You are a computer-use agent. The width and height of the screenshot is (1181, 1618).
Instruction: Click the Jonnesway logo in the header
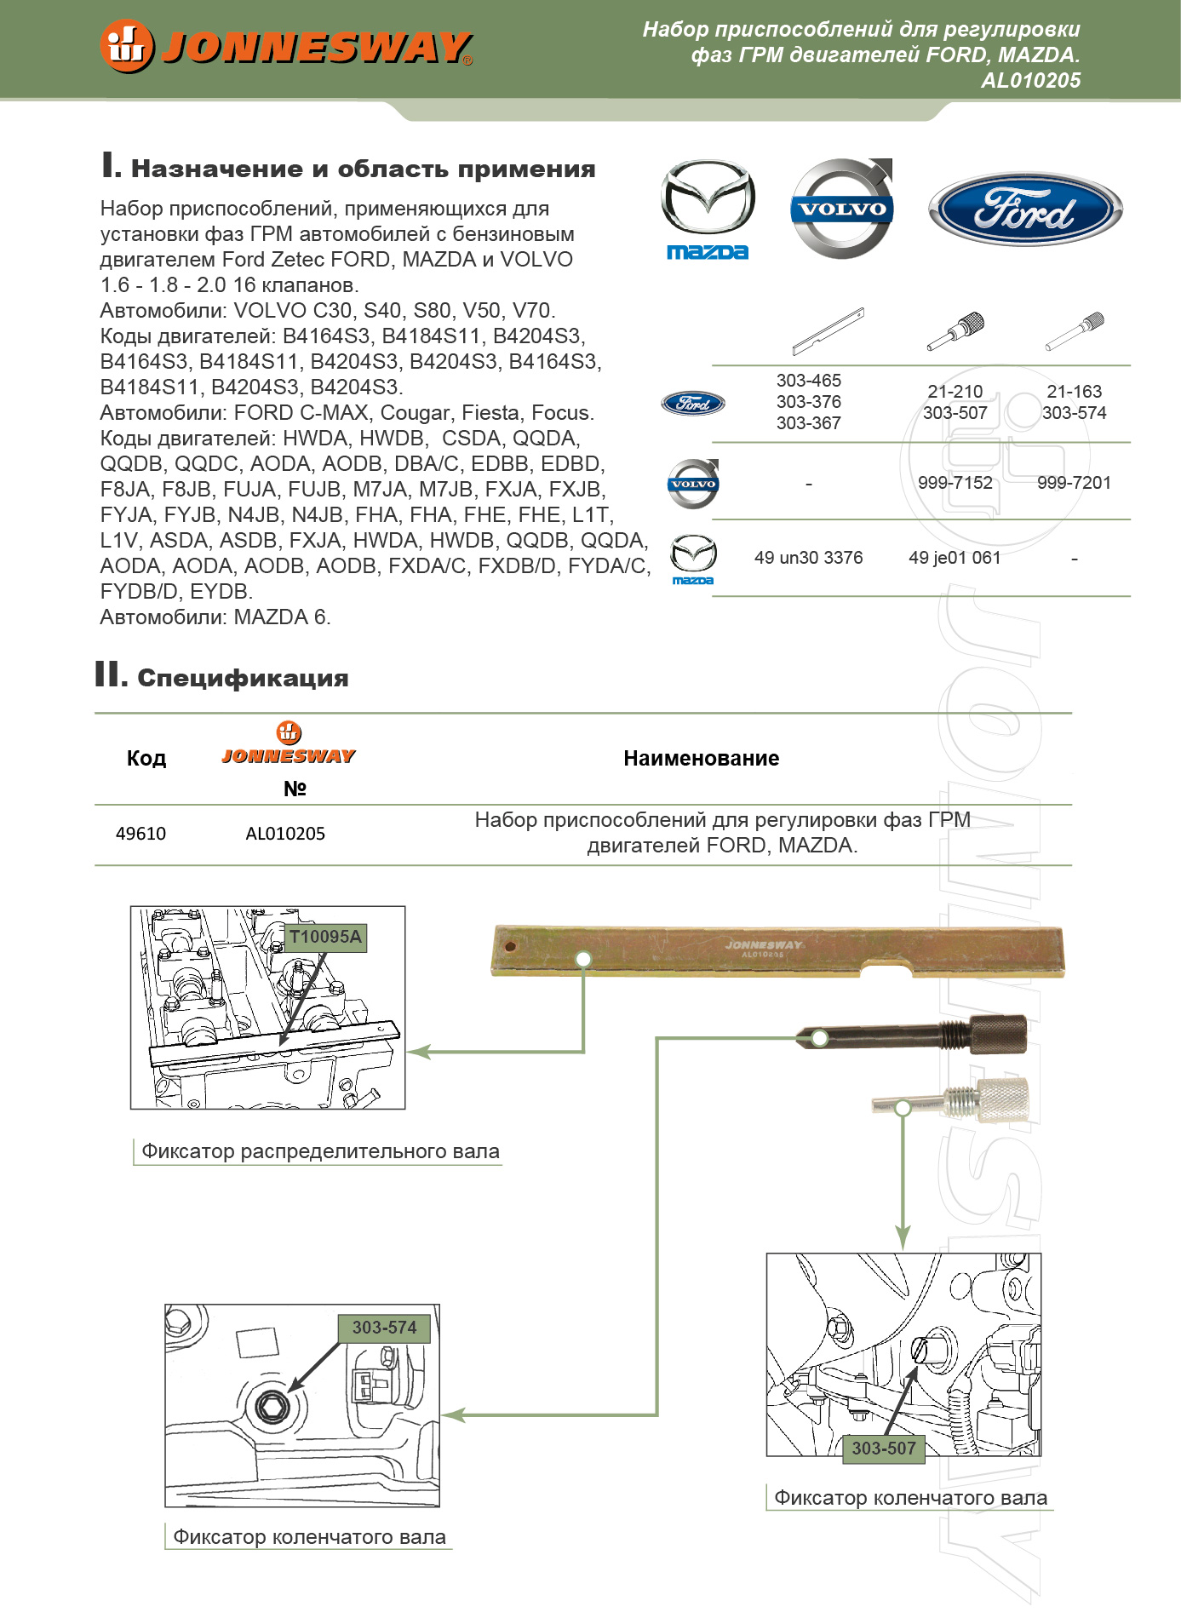286,46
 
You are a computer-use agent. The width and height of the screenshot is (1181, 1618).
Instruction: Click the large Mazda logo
708,208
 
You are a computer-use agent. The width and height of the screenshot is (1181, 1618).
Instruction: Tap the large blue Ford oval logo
1025,209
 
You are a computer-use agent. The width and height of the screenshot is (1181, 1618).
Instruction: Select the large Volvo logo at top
842,208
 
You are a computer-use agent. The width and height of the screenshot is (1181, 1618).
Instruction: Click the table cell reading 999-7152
955,483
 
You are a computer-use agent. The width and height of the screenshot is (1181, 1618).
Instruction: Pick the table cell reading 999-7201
1074,483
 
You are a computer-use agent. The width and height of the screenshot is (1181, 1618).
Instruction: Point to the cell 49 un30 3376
808,558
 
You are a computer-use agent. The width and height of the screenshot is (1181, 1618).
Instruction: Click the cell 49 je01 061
955,558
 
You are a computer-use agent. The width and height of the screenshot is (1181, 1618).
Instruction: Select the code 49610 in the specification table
140,834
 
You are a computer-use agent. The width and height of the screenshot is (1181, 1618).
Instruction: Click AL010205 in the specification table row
285,834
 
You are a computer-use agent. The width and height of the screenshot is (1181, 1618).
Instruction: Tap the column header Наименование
701,759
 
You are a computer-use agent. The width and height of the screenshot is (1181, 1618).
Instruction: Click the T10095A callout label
325,937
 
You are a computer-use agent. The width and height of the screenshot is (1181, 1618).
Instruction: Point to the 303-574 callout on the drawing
384,1328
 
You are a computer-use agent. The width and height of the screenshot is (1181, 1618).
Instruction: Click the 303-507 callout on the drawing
884,1449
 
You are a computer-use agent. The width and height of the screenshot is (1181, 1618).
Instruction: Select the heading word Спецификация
243,679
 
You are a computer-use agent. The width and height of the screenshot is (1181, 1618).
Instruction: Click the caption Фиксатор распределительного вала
320,1151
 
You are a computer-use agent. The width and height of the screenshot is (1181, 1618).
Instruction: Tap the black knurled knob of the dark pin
999,1034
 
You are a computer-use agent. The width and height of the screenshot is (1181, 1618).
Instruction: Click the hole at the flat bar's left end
510,946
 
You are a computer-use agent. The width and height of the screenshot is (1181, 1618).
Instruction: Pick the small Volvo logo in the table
693,484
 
